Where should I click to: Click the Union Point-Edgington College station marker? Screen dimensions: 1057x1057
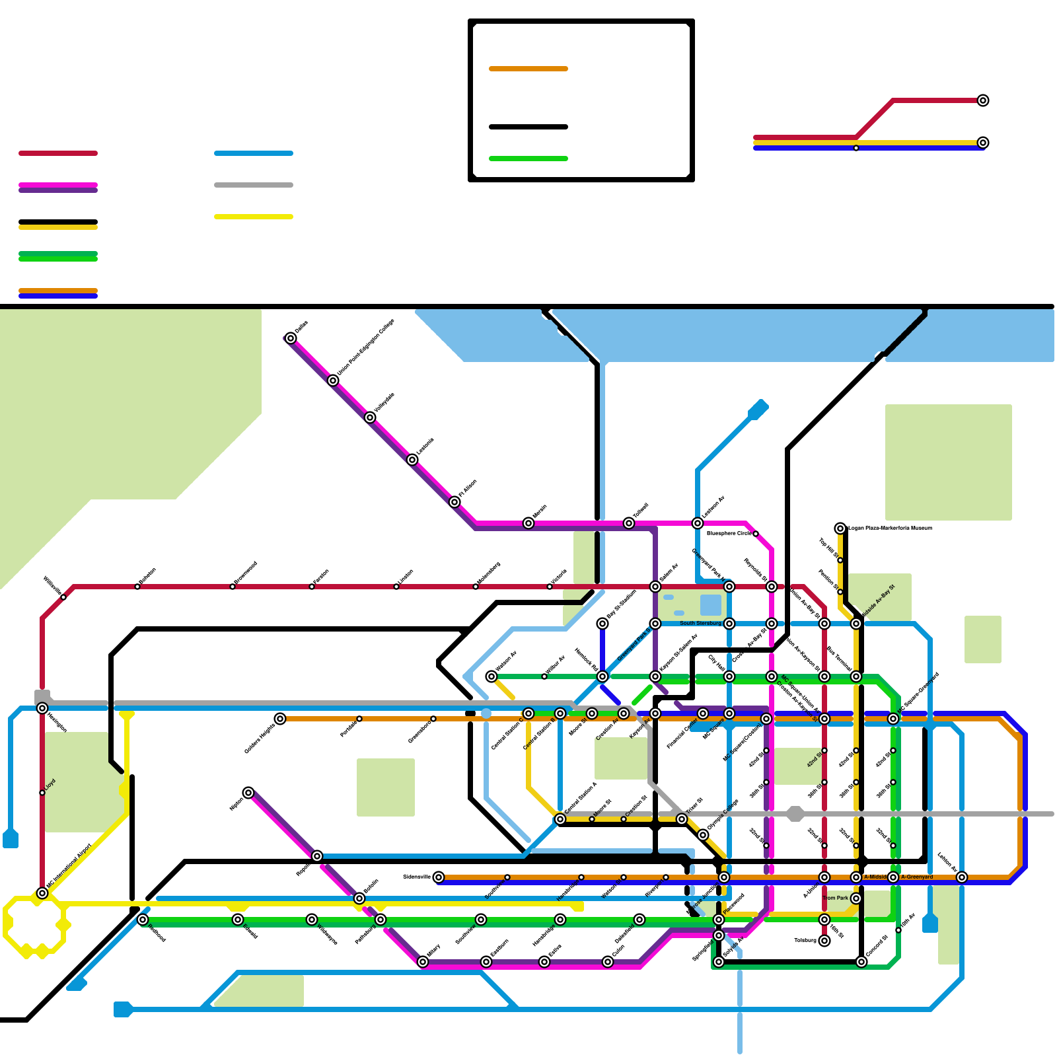click(333, 381)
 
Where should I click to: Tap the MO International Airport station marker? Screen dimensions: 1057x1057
click(42, 893)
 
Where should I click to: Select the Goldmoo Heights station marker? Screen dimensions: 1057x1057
click(280, 719)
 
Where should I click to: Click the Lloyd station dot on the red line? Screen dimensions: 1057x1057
click(42, 793)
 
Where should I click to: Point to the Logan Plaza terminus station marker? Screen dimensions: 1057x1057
click(840, 528)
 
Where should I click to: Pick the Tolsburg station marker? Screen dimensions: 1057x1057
click(824, 941)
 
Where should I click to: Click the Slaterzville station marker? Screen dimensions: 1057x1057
click(439, 877)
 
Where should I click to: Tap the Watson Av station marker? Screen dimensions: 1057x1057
click(492, 676)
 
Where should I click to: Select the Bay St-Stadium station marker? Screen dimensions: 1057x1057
click(602, 624)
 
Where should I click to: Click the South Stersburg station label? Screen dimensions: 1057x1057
click(700, 623)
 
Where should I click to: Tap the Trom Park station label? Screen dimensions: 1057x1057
click(836, 898)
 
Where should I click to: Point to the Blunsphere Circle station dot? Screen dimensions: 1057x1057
click(756, 533)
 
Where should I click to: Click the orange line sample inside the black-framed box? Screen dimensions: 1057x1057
click(528, 69)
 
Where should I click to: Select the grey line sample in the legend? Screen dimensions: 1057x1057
click(254, 185)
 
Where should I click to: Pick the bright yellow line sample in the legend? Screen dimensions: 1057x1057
click(254, 217)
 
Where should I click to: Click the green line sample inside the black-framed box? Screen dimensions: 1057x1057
click(528, 159)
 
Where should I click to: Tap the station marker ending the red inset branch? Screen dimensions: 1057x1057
click(983, 100)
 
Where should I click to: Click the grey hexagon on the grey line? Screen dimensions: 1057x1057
click(795, 814)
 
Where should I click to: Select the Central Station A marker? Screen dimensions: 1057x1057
click(560, 819)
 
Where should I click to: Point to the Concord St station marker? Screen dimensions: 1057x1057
click(861, 962)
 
